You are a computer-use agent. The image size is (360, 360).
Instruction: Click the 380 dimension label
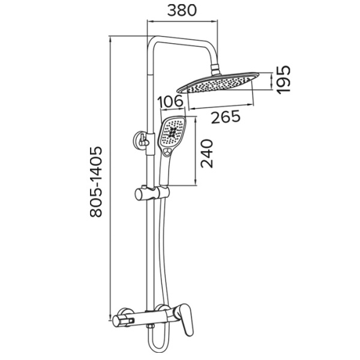182,11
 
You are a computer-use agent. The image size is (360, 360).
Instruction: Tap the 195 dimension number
283,79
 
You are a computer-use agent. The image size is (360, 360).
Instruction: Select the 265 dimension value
226,117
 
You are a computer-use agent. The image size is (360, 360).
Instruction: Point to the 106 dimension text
171,102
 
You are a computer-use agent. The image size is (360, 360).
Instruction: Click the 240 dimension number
207,153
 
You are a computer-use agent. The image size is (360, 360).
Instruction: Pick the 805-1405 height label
95,182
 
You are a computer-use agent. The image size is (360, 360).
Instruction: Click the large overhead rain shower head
218,83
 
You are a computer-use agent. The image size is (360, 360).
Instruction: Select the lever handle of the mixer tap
185,319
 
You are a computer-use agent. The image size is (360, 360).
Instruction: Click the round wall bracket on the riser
140,140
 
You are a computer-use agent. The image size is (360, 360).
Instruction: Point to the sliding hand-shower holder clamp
152,193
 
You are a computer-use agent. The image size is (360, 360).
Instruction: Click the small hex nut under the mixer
150,326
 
